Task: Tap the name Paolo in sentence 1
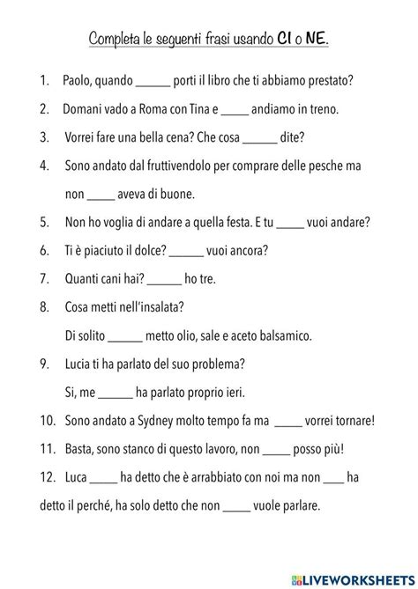[x=81, y=82]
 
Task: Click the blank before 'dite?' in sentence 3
[x=259, y=137]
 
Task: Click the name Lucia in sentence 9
[x=82, y=363]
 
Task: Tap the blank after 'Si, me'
[x=115, y=391]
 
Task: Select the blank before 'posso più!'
[x=276, y=448]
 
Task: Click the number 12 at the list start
[x=46, y=476]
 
